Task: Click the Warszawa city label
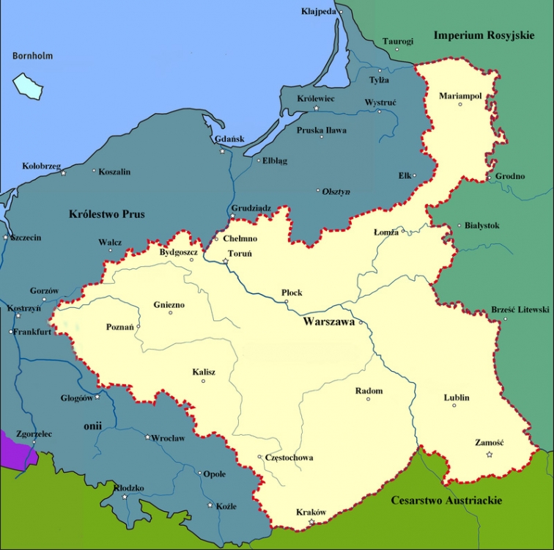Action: coord(329,321)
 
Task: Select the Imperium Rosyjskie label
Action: coord(484,35)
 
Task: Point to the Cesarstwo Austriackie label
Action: coord(446,500)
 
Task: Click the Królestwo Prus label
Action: coord(106,214)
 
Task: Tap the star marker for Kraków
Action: coord(311,522)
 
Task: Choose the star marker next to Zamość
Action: coord(490,455)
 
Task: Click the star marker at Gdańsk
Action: coord(223,151)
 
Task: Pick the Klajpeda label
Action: coord(319,12)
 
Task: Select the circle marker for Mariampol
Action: coord(460,104)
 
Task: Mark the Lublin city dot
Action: coord(454,406)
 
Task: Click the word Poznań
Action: coord(120,327)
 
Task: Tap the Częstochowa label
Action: coord(289,458)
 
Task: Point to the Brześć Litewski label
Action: coord(520,310)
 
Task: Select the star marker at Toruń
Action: coord(226,261)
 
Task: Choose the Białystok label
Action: coord(482,226)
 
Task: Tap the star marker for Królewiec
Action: coord(317,108)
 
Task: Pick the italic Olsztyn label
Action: coord(336,191)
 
